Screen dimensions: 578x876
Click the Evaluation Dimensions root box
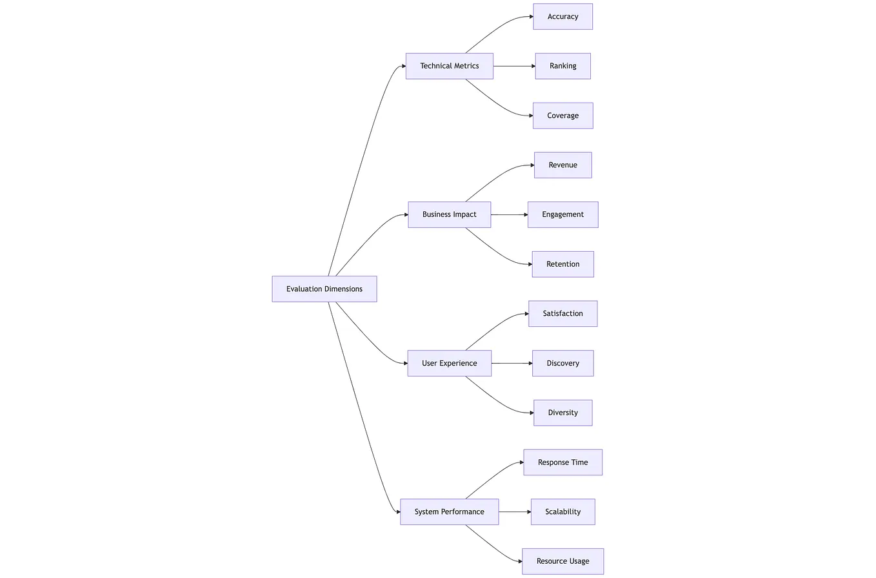324,289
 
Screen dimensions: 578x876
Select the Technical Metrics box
449,66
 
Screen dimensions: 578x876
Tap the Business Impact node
449,214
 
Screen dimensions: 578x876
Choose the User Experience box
449,363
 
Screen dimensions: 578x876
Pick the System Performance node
449,511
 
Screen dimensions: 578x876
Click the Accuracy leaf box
562,17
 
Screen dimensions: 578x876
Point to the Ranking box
562,66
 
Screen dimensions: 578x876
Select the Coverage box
562,116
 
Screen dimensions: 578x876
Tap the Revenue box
562,165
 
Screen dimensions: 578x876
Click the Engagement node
562,214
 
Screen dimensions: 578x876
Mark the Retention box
562,264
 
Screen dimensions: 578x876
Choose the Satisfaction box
562,314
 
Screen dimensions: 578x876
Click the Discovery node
562,363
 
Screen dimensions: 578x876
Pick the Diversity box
562,413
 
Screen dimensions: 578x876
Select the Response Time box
562,462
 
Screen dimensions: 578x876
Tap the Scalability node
562,511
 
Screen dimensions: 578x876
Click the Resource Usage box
562,561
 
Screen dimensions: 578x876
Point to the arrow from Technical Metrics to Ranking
514,66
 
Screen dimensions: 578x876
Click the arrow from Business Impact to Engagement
509,214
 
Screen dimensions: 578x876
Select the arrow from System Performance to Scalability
515,511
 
